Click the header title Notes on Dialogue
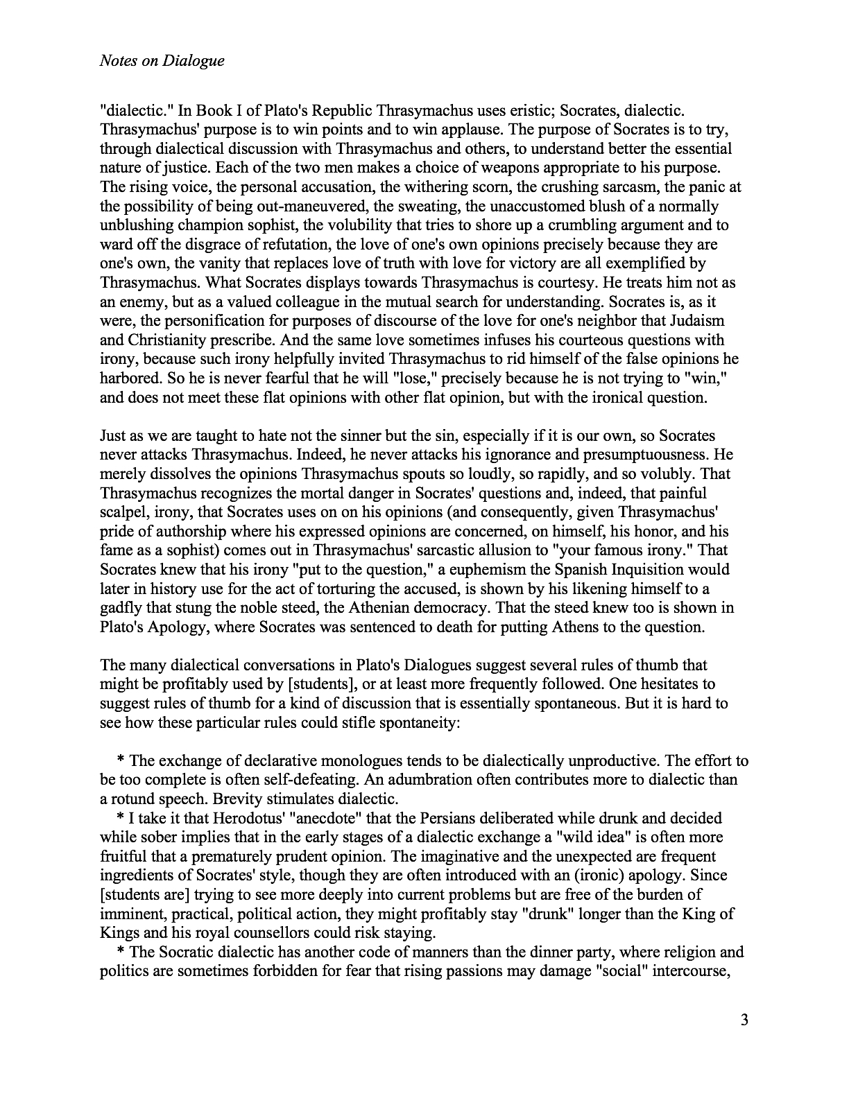[x=162, y=61]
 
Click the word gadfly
[x=120, y=608]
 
